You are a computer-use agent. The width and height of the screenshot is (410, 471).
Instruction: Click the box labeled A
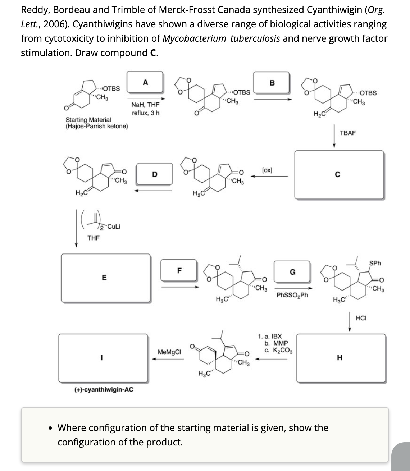click(145, 82)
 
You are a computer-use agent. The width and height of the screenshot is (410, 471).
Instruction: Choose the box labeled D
click(154, 175)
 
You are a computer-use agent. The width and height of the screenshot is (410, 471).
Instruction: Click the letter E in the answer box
click(104, 278)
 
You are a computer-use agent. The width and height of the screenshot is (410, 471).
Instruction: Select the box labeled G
click(292, 272)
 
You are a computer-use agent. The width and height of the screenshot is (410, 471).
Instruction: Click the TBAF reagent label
click(347, 133)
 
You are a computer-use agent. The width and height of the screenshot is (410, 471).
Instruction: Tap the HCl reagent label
click(361, 317)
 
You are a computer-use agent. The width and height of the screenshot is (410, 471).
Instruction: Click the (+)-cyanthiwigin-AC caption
click(104, 389)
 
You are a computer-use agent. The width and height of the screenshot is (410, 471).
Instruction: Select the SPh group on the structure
click(375, 264)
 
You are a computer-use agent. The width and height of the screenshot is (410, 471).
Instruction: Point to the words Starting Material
click(88, 119)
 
